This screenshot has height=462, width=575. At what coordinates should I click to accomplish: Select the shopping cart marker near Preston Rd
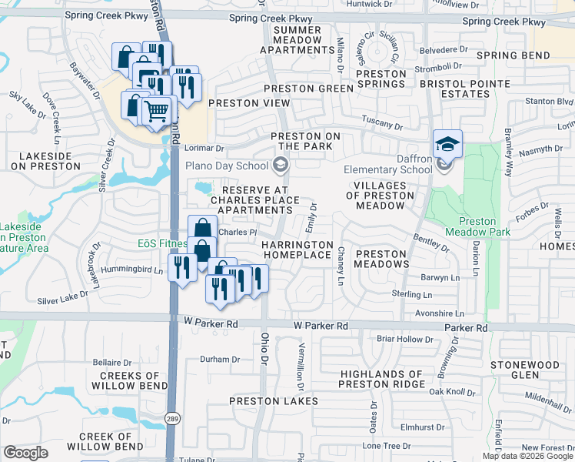[x=156, y=112]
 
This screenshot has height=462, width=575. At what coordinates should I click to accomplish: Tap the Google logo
[x=26, y=452]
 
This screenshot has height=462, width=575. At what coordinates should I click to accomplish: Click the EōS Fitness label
[x=162, y=244]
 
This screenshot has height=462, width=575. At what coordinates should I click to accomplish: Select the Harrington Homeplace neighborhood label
[x=297, y=249]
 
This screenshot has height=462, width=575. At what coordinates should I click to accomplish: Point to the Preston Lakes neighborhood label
[x=274, y=401]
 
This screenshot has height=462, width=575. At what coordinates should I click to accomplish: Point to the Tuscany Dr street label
[x=383, y=125]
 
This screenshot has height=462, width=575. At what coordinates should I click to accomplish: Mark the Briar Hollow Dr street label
[x=407, y=339]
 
